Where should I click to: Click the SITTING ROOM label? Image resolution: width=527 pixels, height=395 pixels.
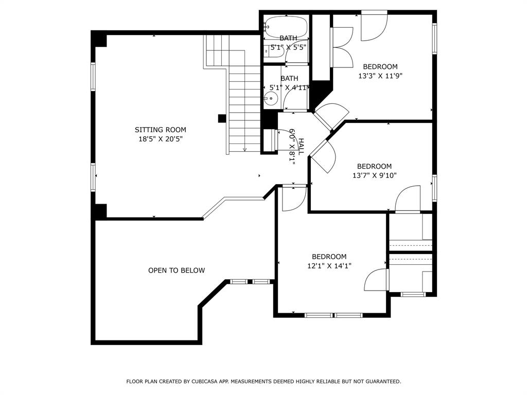[161, 130]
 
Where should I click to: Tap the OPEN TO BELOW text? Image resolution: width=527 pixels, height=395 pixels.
[177, 271]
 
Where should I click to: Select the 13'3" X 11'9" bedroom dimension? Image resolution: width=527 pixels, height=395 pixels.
[380, 76]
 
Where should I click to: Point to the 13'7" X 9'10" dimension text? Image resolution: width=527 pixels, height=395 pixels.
[375, 175]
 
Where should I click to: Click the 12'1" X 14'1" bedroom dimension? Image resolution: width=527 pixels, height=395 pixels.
[329, 266]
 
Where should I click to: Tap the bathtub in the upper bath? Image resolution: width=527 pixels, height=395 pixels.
[286, 27]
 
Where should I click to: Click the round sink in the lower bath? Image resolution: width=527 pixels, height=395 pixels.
[270, 99]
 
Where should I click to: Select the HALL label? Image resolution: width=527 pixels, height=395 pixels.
[302, 147]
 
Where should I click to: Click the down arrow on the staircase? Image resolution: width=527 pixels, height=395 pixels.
[244, 150]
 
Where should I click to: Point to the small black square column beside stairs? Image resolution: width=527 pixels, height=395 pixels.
[222, 119]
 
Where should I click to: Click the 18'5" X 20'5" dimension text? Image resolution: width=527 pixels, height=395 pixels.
[161, 139]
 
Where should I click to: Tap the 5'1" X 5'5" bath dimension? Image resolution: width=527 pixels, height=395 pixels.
[288, 47]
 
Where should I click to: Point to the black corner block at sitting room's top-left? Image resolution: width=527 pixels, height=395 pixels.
[99, 39]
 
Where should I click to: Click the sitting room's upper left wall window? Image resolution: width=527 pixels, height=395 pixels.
[93, 76]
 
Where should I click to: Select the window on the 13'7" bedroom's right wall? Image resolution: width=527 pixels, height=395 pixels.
[434, 188]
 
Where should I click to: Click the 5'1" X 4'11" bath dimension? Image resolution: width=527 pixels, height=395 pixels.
[289, 87]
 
